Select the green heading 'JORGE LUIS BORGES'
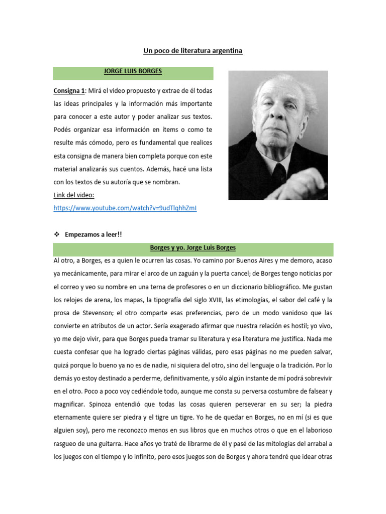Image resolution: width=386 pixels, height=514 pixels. point(133,71)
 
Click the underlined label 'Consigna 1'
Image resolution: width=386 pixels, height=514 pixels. point(69,90)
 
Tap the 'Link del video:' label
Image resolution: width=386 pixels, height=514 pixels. point(74,195)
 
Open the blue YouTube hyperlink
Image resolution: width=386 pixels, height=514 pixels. point(125,208)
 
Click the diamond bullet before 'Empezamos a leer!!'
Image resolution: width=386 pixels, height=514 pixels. point(56,234)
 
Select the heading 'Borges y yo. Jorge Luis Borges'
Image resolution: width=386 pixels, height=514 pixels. point(193,248)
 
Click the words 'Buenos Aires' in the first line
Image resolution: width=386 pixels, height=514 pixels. point(275,261)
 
